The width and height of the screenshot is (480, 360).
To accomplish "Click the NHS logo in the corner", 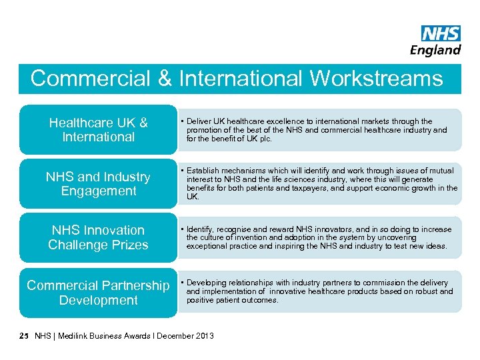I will pos(441,33).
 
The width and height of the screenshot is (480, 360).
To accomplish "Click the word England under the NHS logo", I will pos(435,50).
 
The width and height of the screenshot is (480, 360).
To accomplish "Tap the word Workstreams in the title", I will pos(376,79).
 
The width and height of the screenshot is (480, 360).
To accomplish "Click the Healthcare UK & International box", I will pos(98,130).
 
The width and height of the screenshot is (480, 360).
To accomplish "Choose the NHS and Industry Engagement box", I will pos(98,184).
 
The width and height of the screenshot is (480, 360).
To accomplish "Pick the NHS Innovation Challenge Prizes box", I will pos(98,237).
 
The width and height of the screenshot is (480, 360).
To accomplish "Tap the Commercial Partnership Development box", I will pos(98,293).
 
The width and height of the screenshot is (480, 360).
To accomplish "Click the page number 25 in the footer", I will pos(24,335).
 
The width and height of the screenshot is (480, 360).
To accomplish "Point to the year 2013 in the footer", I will pos(204,335).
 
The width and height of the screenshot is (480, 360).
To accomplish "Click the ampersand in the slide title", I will pos(165,79).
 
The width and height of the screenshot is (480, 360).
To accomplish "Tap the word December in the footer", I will pos(175,335).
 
